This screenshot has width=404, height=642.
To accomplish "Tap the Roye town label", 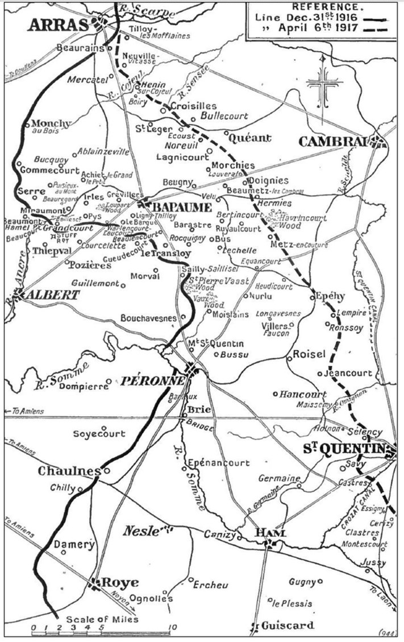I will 119,583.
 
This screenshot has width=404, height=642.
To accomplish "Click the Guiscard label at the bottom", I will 288,626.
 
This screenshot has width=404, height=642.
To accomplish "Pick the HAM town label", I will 269,533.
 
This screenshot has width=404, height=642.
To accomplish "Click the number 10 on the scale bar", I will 169,628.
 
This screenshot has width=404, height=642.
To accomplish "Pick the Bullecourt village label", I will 226,115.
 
